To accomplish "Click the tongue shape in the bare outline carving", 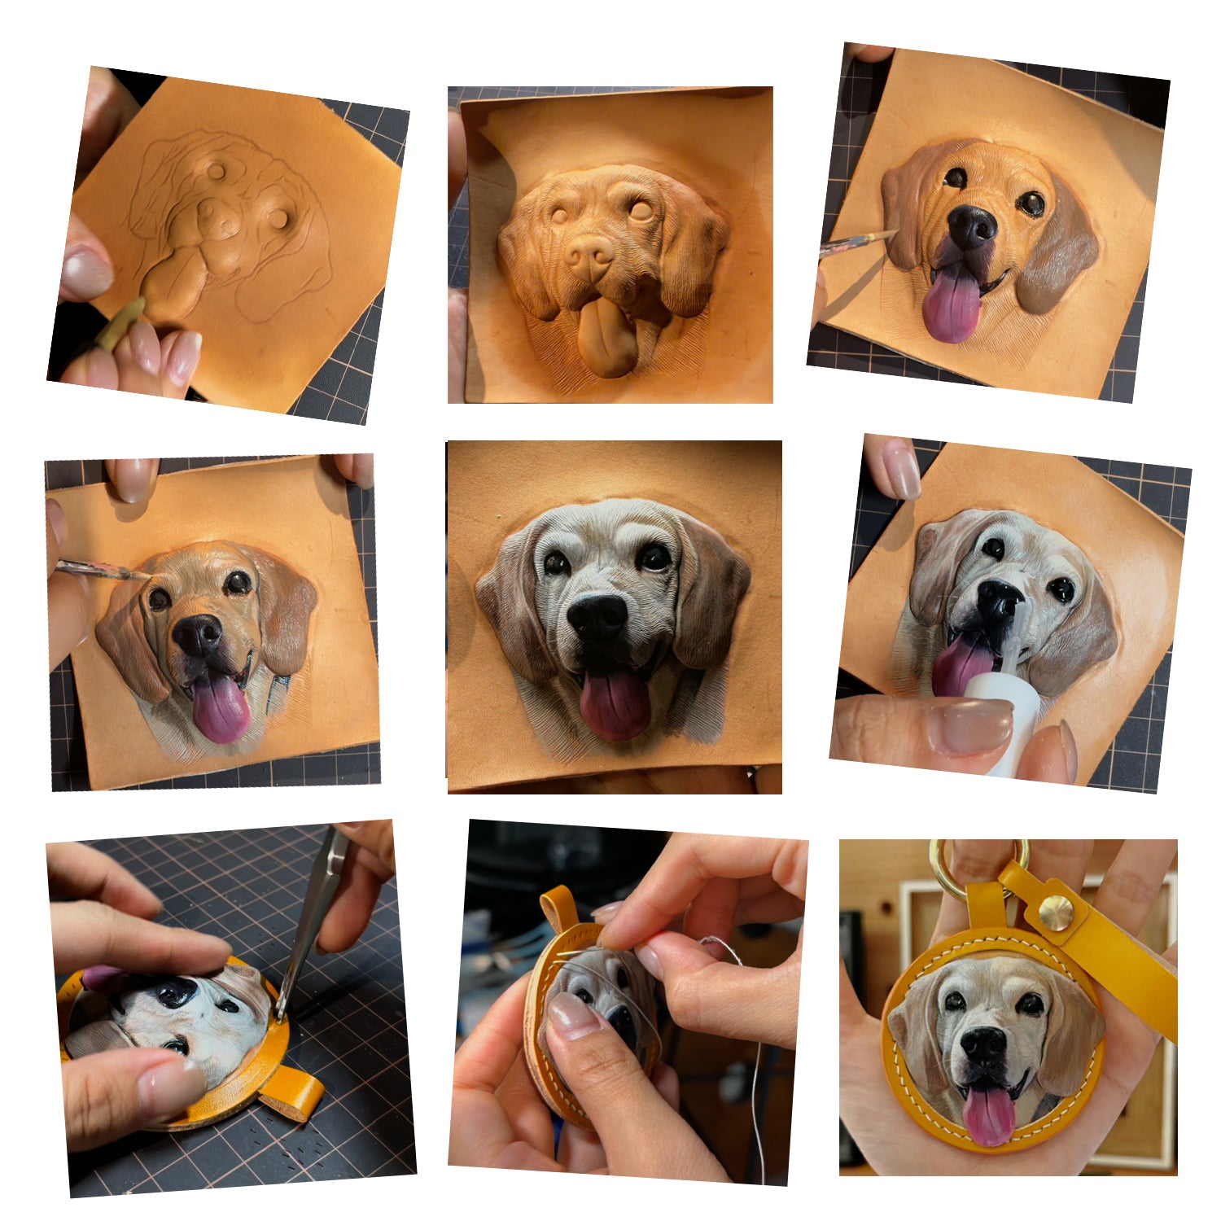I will coord(175,281).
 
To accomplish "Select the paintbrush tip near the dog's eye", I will coord(138,575).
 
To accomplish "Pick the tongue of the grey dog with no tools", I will coord(615,704).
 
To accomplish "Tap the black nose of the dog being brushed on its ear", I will coord(971,225).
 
